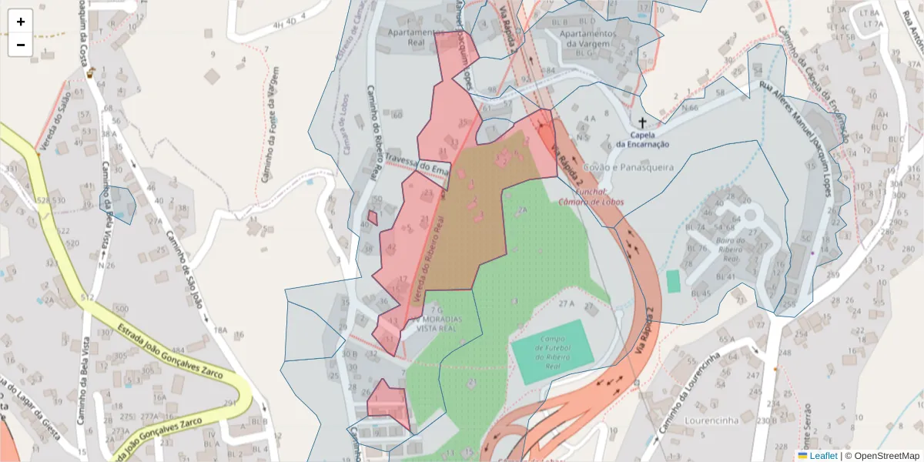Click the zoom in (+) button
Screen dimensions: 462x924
click(21, 22)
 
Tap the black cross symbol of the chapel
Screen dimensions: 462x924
click(642, 122)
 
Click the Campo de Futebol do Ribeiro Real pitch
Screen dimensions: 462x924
click(551, 352)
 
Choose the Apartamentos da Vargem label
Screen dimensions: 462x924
click(589, 38)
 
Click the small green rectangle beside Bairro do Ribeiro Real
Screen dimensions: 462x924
click(674, 281)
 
